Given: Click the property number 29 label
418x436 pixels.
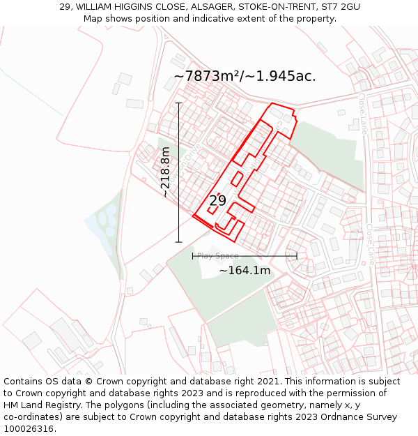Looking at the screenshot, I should [x=217, y=201].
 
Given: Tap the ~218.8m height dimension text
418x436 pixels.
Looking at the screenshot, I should [x=166, y=173].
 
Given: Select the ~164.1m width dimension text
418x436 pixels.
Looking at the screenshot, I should [x=245, y=271].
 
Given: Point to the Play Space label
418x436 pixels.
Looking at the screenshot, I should [x=217, y=256].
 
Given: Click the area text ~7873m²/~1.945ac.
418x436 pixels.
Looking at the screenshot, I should [x=245, y=76].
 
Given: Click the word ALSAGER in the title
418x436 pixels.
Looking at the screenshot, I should [x=210, y=7].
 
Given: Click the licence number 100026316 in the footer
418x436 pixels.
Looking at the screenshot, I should [x=29, y=429].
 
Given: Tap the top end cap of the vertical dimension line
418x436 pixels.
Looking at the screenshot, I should [x=178, y=103].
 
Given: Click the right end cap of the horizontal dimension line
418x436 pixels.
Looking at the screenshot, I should [x=297, y=256].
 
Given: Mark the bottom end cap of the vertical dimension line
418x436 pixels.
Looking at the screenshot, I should [x=178, y=242].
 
